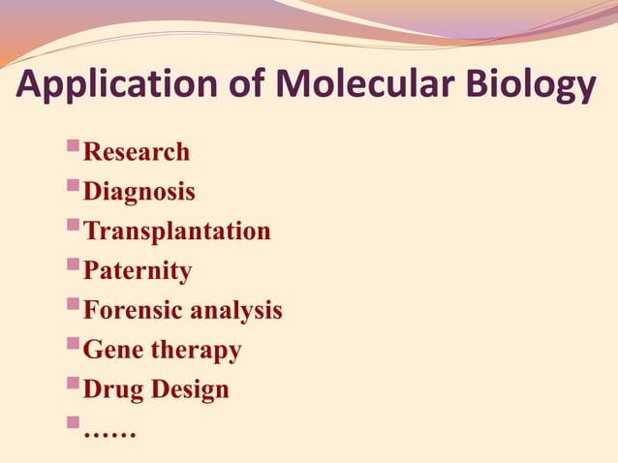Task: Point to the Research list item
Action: [x=136, y=152]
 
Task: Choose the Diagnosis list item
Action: [x=139, y=193]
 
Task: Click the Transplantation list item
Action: [x=176, y=232]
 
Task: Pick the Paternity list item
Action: [x=137, y=272]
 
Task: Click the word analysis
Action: [x=236, y=311]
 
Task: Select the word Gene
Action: [x=113, y=350]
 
